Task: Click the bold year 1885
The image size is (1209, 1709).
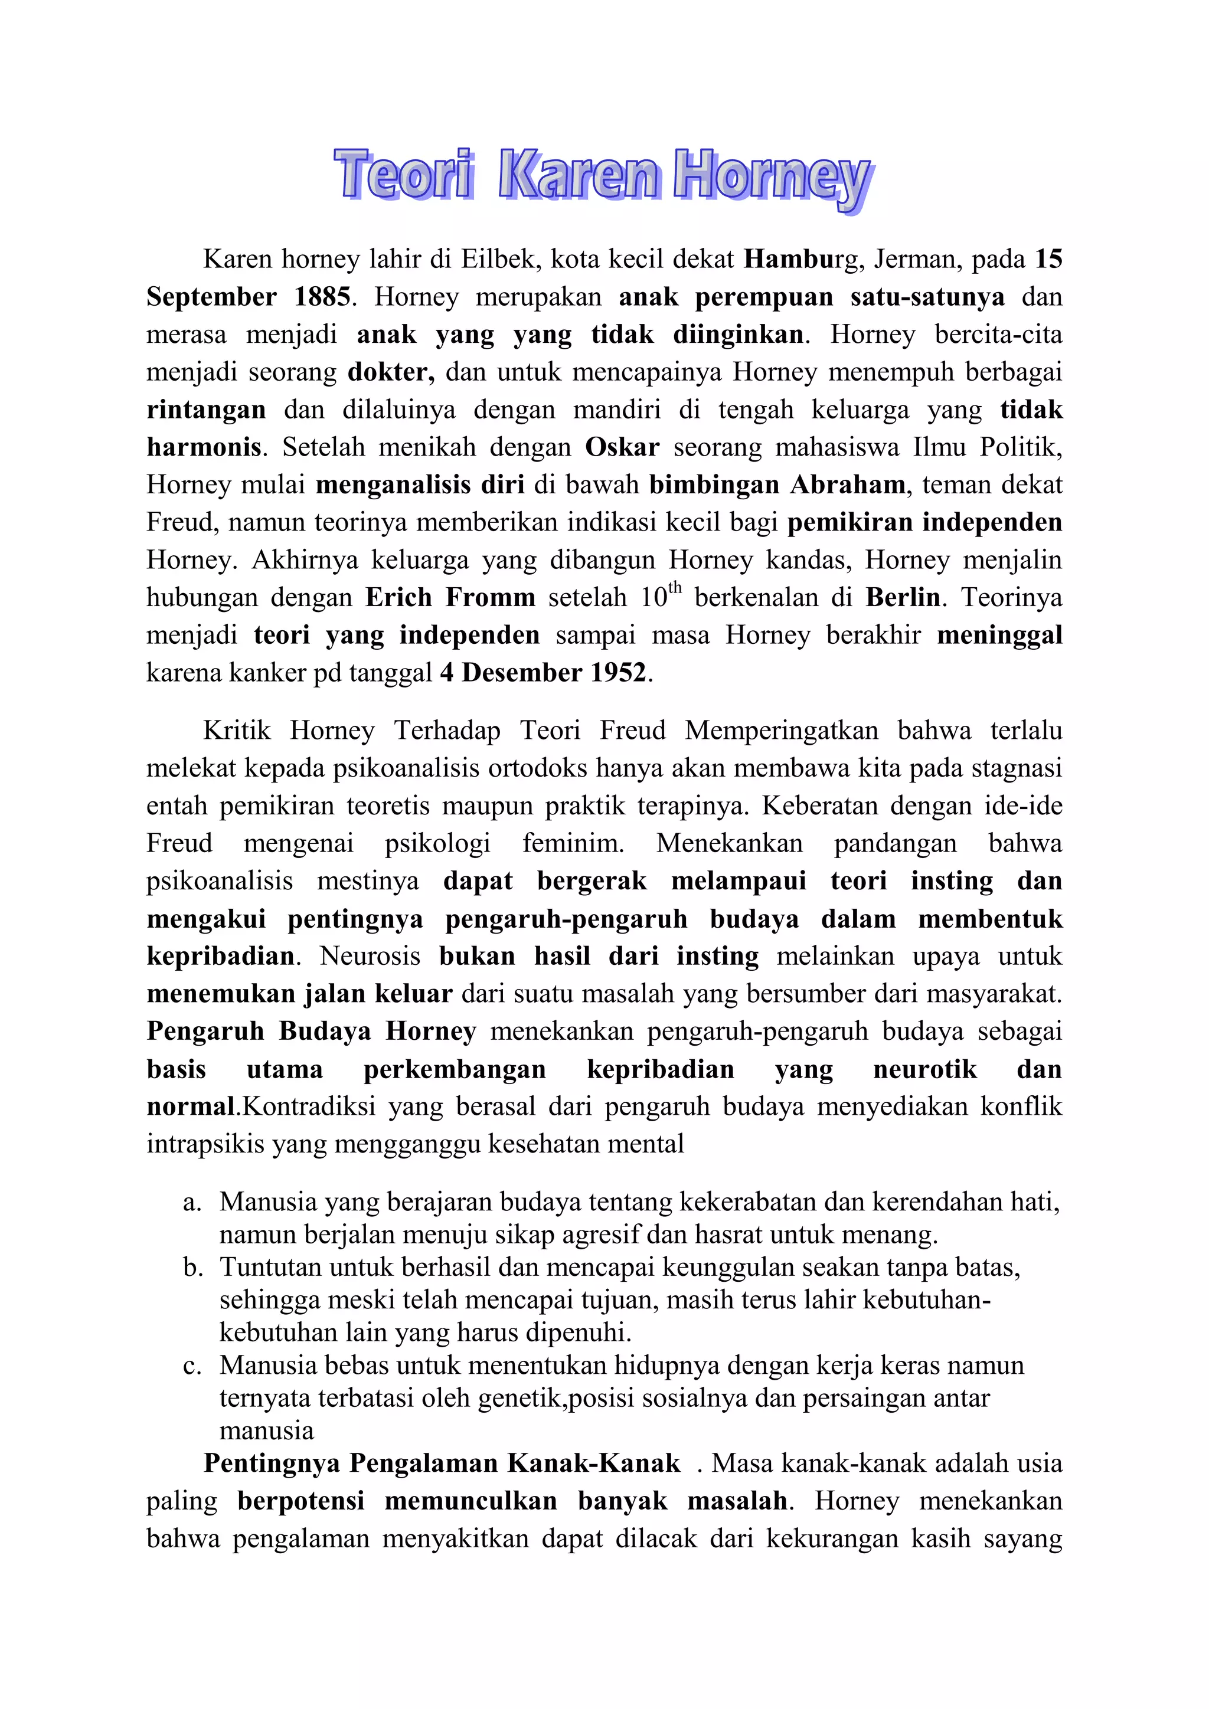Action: coord(321,297)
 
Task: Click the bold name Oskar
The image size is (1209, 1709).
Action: coord(622,447)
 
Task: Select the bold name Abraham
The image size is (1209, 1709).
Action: coord(847,484)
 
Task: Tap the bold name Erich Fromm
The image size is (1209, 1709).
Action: coord(450,598)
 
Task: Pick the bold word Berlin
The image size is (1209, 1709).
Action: coord(902,598)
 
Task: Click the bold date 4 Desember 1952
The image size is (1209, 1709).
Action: coord(544,673)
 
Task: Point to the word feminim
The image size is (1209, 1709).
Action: coord(573,843)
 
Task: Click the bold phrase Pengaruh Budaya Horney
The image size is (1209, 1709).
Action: coord(311,1032)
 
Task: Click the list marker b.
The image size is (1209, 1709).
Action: coord(193,1267)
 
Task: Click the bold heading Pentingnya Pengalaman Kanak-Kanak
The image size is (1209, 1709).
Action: coord(442,1464)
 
